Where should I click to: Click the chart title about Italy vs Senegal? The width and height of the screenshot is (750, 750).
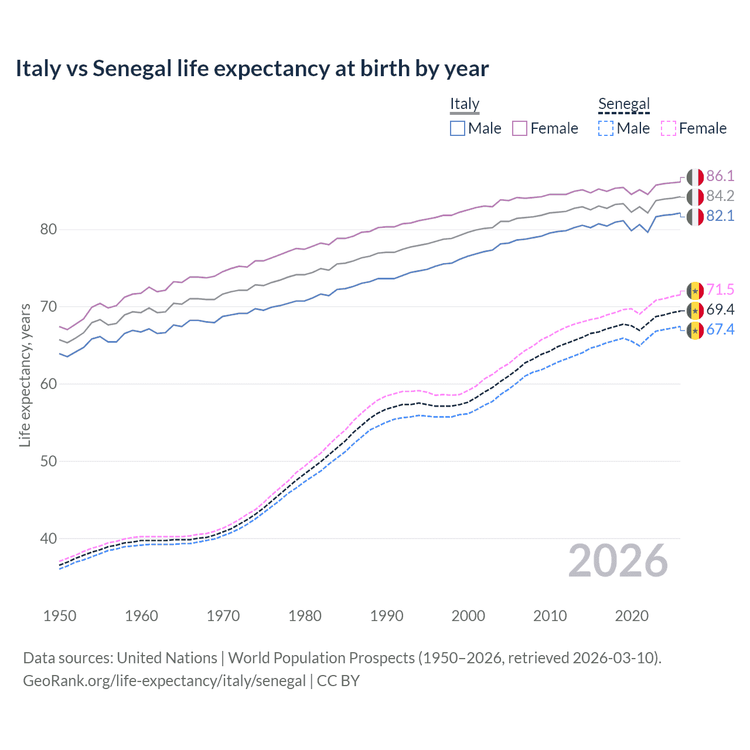pyautogui.click(x=252, y=69)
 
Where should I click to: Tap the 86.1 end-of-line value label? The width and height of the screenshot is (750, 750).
pyautogui.click(x=720, y=176)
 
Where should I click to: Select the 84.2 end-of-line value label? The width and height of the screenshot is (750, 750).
pyautogui.click(x=720, y=196)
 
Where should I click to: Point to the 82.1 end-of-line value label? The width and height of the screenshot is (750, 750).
pyautogui.click(x=720, y=216)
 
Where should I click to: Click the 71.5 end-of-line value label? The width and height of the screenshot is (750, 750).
pyautogui.click(x=720, y=290)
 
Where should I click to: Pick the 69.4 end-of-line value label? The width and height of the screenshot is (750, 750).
pyautogui.click(x=720, y=310)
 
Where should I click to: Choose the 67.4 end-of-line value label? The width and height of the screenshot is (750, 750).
pyautogui.click(x=720, y=330)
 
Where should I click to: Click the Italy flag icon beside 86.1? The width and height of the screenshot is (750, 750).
pyautogui.click(x=695, y=177)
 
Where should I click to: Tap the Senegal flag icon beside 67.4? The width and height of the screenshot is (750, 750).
pyautogui.click(x=695, y=330)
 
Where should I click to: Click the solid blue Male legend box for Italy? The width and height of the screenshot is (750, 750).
pyautogui.click(x=458, y=128)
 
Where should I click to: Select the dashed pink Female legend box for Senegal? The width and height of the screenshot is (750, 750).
pyautogui.click(x=669, y=128)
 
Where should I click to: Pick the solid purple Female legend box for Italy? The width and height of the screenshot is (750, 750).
pyautogui.click(x=520, y=128)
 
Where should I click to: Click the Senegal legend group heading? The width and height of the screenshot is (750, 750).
pyautogui.click(x=624, y=104)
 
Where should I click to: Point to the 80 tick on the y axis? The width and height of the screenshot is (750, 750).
pyautogui.click(x=49, y=229)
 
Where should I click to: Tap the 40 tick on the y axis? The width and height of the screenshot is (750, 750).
pyautogui.click(x=49, y=538)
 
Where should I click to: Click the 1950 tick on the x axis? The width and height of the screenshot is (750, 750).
pyautogui.click(x=60, y=616)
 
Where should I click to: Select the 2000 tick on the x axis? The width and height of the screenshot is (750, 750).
pyautogui.click(x=468, y=616)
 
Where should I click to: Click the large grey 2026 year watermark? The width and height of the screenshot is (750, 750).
pyautogui.click(x=618, y=561)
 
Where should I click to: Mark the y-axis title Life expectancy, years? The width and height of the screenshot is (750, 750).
pyautogui.click(x=25, y=375)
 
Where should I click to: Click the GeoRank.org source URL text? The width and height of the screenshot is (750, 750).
pyautogui.click(x=164, y=681)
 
